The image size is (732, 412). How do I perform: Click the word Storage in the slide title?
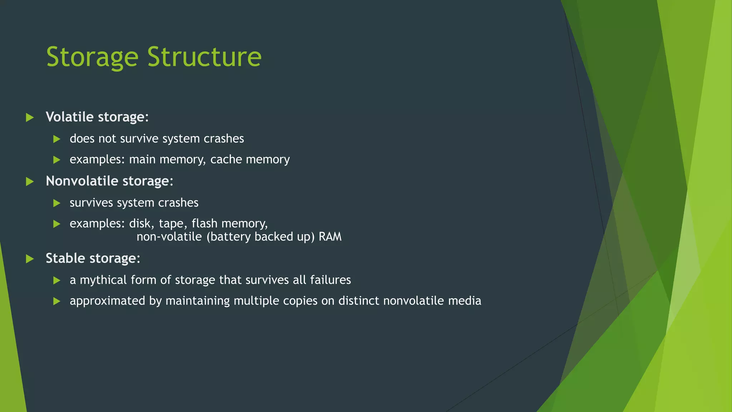pos(92,57)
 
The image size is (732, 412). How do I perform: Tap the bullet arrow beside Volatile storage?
pos(30,117)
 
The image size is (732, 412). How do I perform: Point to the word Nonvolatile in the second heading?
pos(82,181)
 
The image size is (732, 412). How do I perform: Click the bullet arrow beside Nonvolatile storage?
pos(30,182)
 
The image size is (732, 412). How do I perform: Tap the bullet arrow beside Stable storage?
pos(30,259)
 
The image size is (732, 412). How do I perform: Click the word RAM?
pos(330,237)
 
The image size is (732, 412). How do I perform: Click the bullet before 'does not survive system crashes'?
pos(57,139)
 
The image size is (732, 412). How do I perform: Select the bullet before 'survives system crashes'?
pos(57,203)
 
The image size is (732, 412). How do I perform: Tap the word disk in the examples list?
pos(140,224)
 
